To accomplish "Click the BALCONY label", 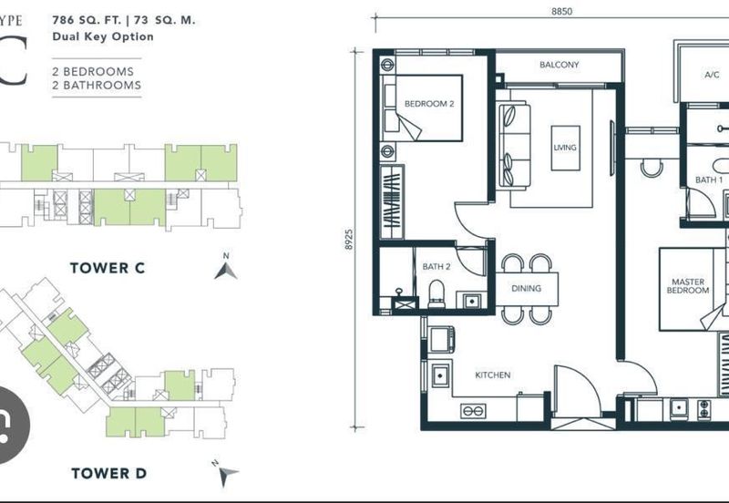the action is click(559, 65).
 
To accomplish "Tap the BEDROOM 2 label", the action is click(429, 104).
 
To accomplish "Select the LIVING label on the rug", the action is click(565, 148).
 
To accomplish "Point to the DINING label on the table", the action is click(526, 288).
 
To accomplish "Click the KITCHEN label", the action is click(493, 375).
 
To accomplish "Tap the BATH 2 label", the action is click(436, 266).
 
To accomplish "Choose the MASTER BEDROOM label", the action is click(688, 286).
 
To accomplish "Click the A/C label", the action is click(712, 75).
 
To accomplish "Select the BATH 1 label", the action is click(709, 180).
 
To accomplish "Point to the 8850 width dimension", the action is click(561, 11).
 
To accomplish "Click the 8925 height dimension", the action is click(349, 240).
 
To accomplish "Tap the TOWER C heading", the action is click(108, 268).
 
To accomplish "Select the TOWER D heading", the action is click(108, 473).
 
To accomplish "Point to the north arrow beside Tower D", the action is click(226, 474).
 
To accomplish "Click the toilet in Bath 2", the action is click(436, 293).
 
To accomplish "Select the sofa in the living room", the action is click(515, 147).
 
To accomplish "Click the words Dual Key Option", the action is click(103, 36).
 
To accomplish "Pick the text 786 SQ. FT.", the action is click(87, 20).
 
